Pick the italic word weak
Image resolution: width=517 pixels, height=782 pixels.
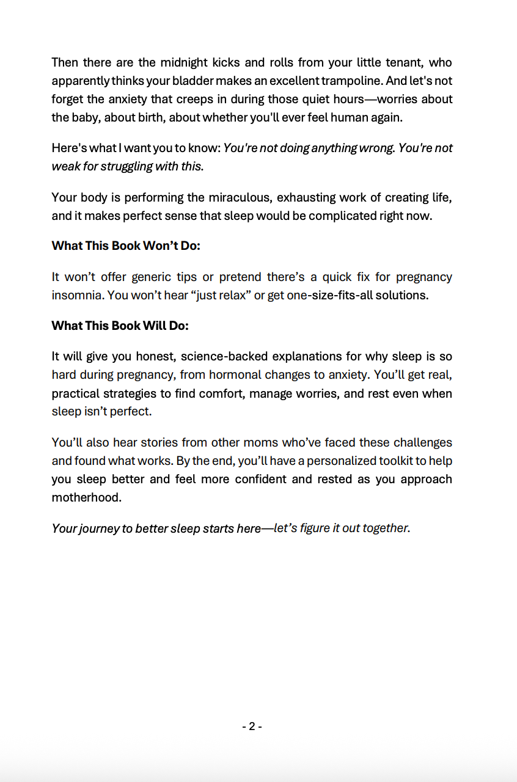tap(65, 166)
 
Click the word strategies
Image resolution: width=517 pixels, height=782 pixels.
tap(143, 393)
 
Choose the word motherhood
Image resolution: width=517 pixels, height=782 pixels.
tap(86, 497)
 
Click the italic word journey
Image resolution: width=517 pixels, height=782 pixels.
tap(98, 528)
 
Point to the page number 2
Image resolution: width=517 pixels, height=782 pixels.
tap(252, 726)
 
